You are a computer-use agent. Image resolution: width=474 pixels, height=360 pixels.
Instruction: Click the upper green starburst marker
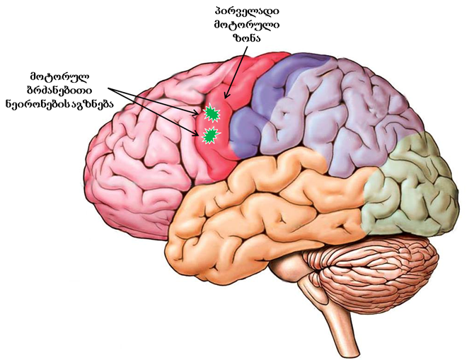(x=210, y=113)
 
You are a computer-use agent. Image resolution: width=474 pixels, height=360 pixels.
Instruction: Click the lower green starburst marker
(x=209, y=136)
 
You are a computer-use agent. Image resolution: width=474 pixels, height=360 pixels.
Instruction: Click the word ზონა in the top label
(x=246, y=39)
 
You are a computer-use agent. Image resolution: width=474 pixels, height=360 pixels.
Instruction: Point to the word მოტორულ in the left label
(x=59, y=76)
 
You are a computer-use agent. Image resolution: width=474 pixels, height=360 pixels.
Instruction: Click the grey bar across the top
(x=237, y=6)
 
